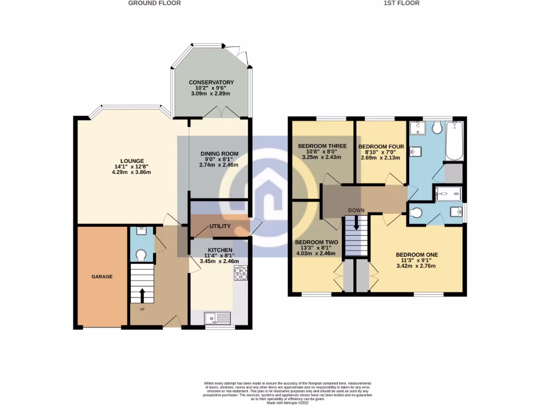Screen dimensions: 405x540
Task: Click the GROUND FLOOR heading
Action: click(x=155, y=3)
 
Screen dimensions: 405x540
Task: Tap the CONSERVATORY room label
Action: click(x=211, y=83)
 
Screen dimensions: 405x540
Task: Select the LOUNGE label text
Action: click(x=132, y=161)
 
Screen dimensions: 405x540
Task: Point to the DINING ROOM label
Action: click(x=219, y=154)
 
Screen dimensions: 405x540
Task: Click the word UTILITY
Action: click(x=220, y=226)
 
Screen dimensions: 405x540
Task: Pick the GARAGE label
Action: click(x=102, y=276)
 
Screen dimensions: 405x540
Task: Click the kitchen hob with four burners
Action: click(x=240, y=274)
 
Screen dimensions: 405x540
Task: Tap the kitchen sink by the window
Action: click(x=218, y=318)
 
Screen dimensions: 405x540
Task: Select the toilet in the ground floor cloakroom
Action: click(x=141, y=255)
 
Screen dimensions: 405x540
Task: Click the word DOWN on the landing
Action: click(x=356, y=210)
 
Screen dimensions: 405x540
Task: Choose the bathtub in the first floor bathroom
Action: click(x=454, y=141)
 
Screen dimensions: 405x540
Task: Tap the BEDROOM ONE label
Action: click(x=417, y=255)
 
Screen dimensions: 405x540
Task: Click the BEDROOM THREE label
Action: click(x=322, y=146)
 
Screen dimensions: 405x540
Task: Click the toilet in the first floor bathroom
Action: click(x=436, y=128)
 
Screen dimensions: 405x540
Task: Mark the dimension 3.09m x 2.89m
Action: click(x=211, y=93)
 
